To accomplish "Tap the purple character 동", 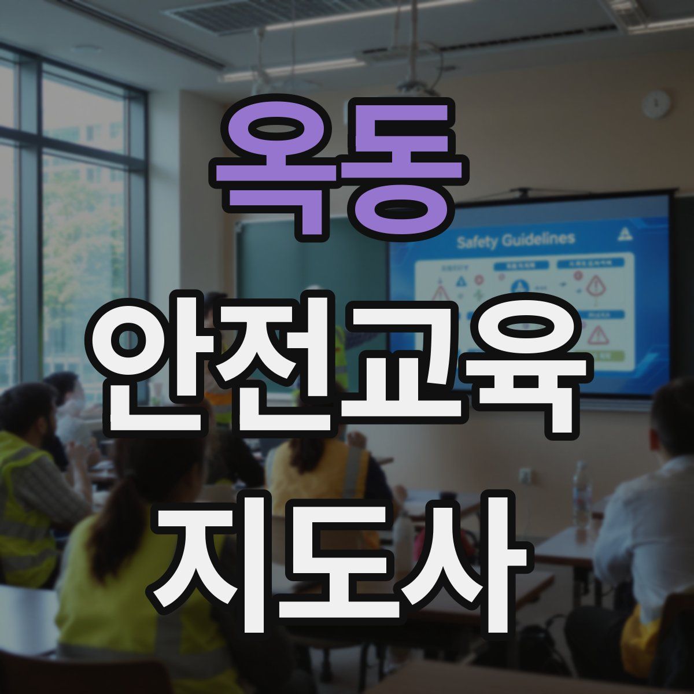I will [x=399, y=168].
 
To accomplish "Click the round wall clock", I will [x=656, y=105].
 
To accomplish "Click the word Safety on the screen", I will [x=477, y=242].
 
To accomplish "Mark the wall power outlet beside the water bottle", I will [x=525, y=476].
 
